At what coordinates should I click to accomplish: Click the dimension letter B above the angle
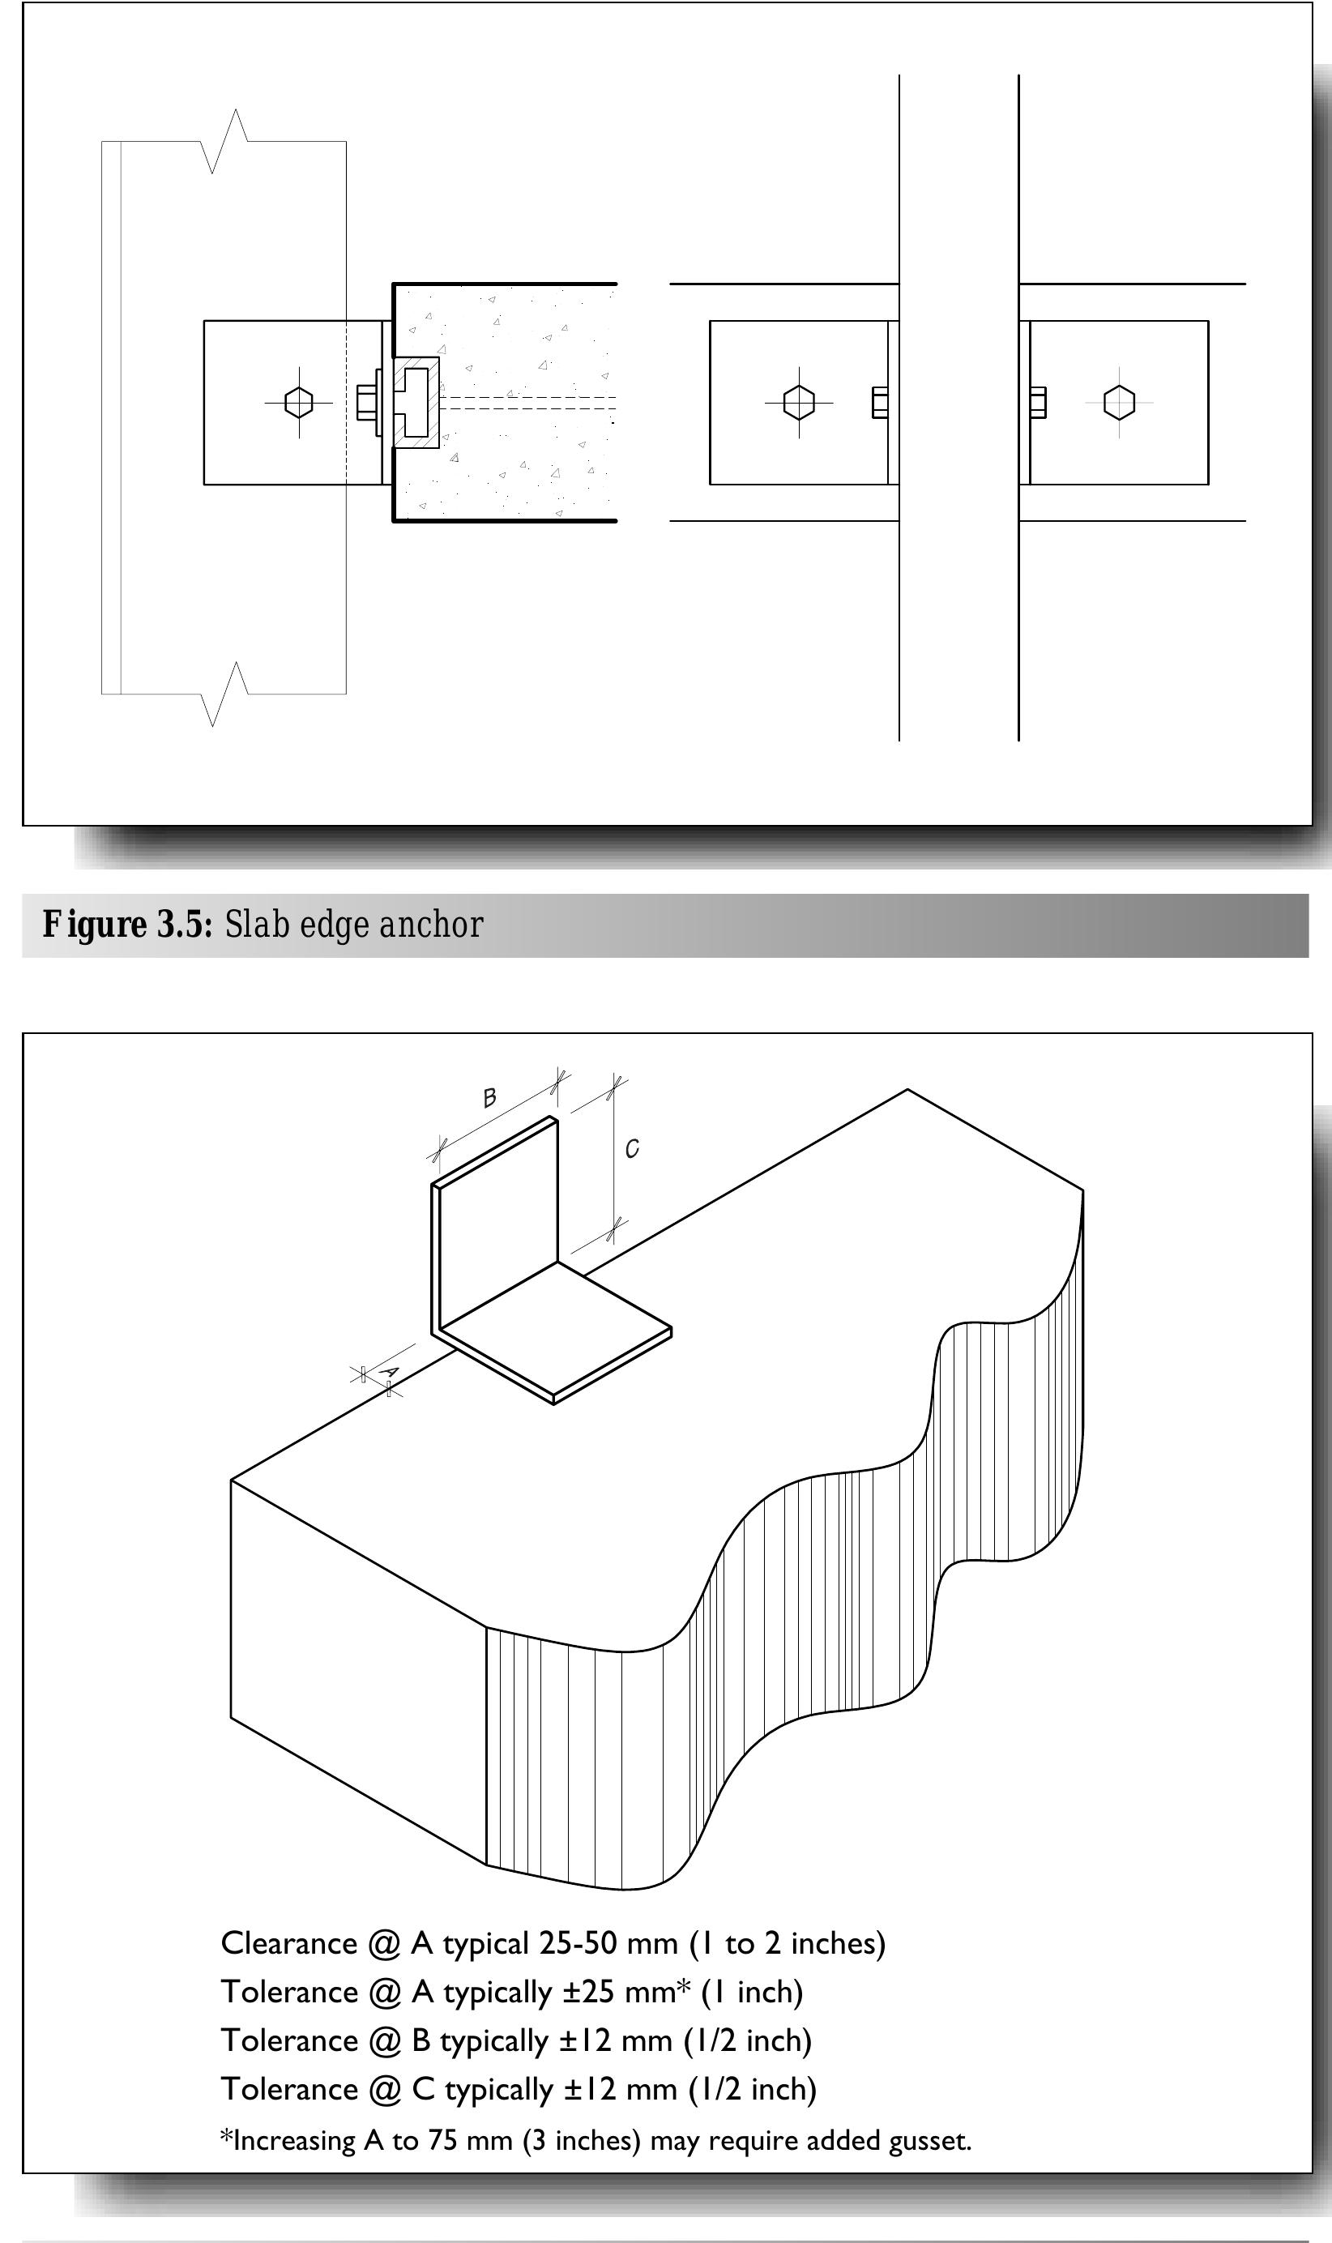490,1097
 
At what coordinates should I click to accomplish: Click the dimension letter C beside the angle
632,1149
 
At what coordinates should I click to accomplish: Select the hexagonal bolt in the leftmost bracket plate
299,402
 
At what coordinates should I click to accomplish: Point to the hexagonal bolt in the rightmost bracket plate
1118,402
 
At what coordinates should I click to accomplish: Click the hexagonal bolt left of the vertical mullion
799,402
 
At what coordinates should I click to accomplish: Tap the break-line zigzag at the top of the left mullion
224,142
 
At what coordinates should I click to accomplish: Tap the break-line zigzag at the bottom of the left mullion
224,694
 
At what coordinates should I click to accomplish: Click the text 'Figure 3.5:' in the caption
127,925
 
